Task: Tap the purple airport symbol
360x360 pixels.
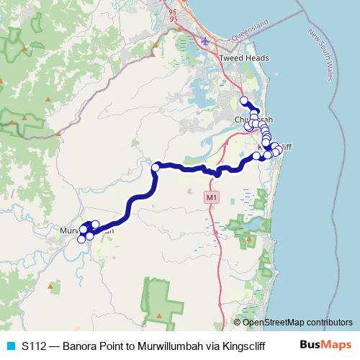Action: [x=207, y=40]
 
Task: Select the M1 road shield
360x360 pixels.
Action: [x=210, y=197]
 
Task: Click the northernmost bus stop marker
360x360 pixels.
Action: [x=244, y=101]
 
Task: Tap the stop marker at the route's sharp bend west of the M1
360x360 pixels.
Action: [x=156, y=168]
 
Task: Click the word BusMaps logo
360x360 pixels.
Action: [x=320, y=346]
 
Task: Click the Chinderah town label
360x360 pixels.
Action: [x=253, y=120]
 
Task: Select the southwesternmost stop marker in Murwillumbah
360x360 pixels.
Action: [x=82, y=240]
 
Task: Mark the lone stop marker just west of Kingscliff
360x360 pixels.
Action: [x=257, y=156]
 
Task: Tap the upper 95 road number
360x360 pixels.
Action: [x=172, y=12]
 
